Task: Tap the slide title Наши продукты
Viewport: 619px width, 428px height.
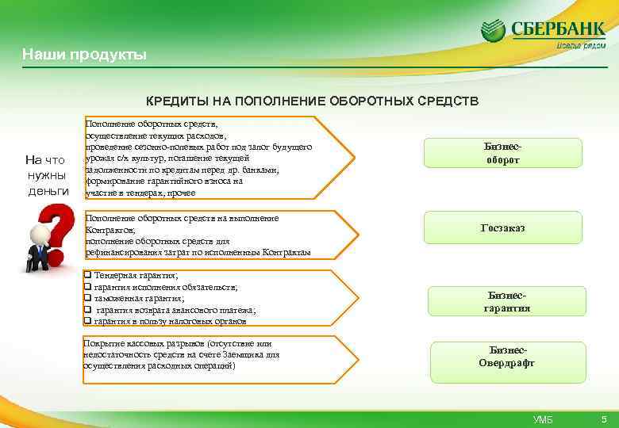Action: (x=84, y=55)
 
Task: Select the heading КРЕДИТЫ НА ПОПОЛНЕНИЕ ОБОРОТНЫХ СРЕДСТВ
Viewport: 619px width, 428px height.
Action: (x=313, y=102)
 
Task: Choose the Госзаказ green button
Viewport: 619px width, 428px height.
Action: (x=502, y=228)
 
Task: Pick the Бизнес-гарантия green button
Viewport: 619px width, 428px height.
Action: (x=506, y=301)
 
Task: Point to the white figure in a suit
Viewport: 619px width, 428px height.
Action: (x=36, y=246)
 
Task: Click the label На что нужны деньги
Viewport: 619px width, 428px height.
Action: (x=48, y=174)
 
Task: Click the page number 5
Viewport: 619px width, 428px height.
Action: (x=604, y=418)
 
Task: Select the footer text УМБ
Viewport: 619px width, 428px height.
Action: (x=544, y=418)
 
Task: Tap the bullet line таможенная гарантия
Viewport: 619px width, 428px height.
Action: (x=139, y=298)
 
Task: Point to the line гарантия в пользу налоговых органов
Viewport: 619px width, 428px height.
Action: (x=170, y=321)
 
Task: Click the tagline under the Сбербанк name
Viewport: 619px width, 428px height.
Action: (x=580, y=46)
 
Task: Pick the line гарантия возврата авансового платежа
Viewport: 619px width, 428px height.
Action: (x=175, y=310)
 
